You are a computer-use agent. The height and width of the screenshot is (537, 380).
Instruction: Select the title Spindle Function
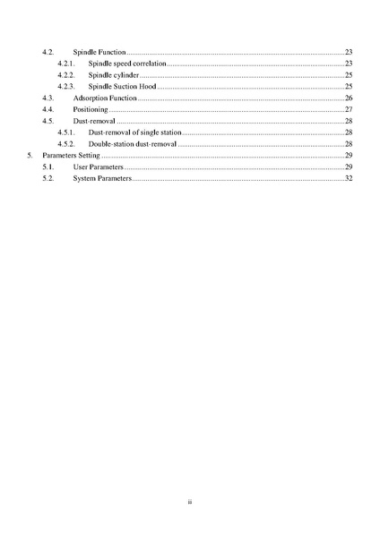tap(99, 53)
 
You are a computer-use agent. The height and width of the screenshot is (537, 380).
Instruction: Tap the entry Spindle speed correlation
tap(126, 64)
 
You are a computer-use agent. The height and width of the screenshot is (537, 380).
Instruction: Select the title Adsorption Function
tap(105, 98)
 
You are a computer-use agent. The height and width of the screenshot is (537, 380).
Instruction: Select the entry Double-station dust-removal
tap(132, 143)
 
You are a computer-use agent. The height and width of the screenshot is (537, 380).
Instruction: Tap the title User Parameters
tap(98, 166)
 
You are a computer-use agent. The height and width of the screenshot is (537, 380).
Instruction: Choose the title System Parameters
tap(101, 178)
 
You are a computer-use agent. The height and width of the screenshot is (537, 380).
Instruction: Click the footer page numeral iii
tap(190, 502)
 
